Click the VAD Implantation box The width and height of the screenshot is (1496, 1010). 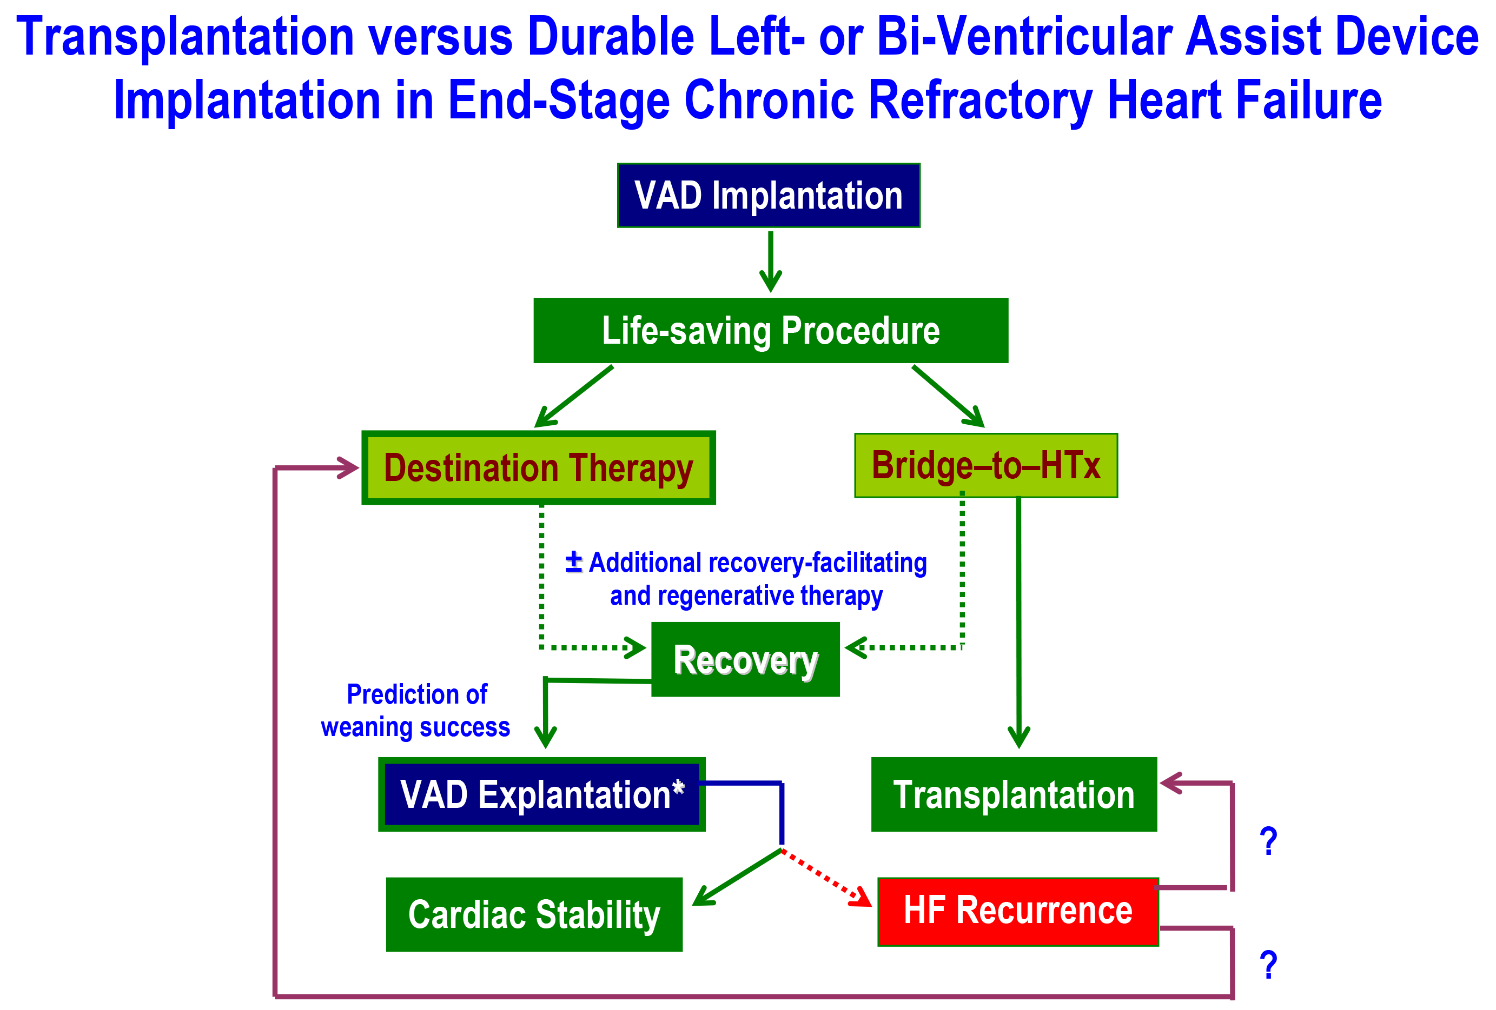point(769,195)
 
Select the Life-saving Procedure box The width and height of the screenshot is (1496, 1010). point(771,330)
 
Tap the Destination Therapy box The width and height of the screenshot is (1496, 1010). point(538,467)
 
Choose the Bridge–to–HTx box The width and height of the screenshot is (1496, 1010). point(985,465)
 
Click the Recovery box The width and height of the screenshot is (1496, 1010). point(745,659)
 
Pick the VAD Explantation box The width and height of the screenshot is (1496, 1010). point(541,794)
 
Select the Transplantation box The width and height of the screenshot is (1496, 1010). point(1014,794)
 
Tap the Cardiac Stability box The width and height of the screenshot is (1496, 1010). point(534,914)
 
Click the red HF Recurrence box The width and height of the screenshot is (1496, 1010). point(1018,912)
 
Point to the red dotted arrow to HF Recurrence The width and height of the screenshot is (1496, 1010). point(826,878)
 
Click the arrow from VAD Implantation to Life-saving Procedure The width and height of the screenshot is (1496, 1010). point(771,262)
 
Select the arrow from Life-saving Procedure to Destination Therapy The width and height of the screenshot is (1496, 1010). point(573,396)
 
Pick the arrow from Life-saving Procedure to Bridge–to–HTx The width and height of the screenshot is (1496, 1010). point(948,396)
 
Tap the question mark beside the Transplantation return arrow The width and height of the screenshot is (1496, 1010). point(1268,841)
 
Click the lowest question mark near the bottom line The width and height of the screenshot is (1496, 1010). point(1268,964)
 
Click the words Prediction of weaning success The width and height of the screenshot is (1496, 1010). point(416,711)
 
